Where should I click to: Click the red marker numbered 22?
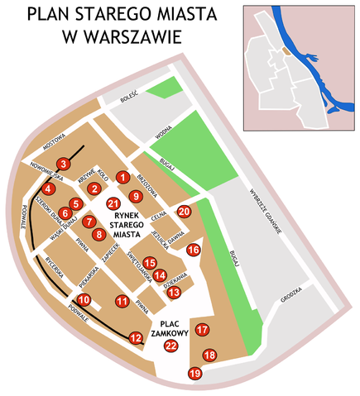(x=171, y=346)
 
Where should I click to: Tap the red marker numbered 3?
(x=62, y=164)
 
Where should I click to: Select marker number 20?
(x=185, y=212)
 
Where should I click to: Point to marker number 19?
(x=195, y=375)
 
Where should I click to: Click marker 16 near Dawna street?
(x=194, y=250)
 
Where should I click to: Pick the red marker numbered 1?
(x=122, y=177)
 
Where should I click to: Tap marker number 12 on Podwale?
(x=136, y=337)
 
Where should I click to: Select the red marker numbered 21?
(x=113, y=203)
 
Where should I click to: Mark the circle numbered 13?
(x=174, y=292)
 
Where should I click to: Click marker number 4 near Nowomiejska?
(x=49, y=188)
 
